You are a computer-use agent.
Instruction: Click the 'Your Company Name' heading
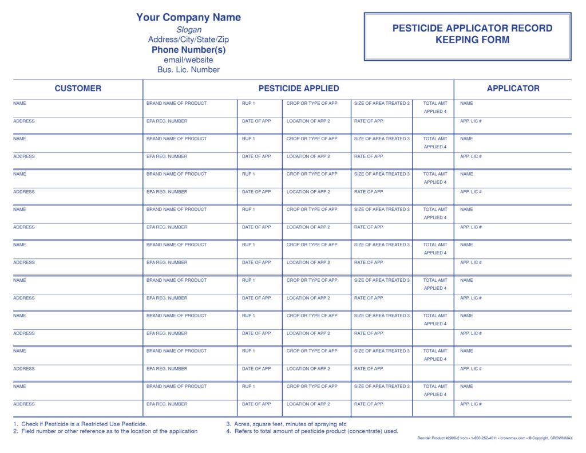[x=188, y=17]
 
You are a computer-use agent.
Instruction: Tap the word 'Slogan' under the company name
[x=189, y=30]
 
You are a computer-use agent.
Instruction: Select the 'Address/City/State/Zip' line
[x=189, y=40]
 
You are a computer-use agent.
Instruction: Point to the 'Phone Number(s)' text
[x=189, y=50]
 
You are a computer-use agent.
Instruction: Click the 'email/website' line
[x=189, y=60]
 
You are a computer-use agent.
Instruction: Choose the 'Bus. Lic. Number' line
[x=189, y=70]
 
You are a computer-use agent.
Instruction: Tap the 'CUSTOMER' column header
[x=78, y=88]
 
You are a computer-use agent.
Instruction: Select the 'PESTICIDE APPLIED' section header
[x=299, y=88]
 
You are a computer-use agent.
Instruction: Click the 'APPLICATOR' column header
[x=513, y=88]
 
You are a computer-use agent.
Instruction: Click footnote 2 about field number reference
[x=105, y=431]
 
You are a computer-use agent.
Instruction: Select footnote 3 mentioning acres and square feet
[x=287, y=424]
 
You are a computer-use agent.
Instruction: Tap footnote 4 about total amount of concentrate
[x=312, y=431]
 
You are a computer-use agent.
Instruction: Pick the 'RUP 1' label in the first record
[x=248, y=103]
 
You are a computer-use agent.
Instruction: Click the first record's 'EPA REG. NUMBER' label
[x=167, y=121]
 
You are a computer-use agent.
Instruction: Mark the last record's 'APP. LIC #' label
[x=471, y=404]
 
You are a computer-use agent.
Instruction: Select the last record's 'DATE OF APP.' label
[x=256, y=404]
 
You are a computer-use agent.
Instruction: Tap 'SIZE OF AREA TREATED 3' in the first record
[x=382, y=103]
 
